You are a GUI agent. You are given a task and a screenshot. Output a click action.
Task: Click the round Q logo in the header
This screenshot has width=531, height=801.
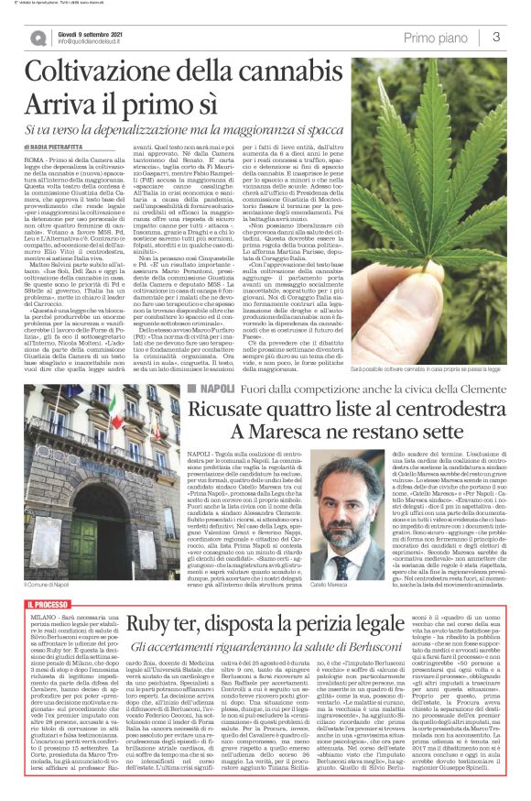click(x=37, y=38)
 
